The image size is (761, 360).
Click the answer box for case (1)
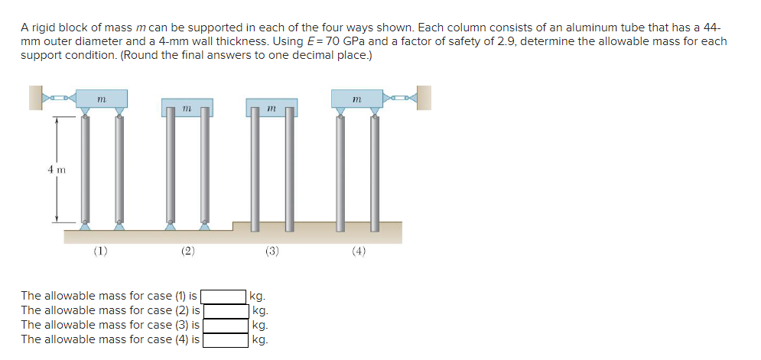point(224,296)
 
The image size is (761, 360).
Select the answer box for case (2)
point(224,310)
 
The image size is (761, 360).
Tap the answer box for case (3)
point(224,325)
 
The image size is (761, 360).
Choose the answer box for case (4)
point(224,339)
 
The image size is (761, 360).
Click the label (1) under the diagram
point(101,250)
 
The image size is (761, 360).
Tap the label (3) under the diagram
point(272,250)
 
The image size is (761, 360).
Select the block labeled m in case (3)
point(272,108)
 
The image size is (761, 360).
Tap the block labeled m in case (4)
point(357,99)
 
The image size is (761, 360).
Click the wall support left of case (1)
point(35,98)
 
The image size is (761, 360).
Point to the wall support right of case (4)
point(424,98)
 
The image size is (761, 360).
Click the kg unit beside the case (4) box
point(259,340)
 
